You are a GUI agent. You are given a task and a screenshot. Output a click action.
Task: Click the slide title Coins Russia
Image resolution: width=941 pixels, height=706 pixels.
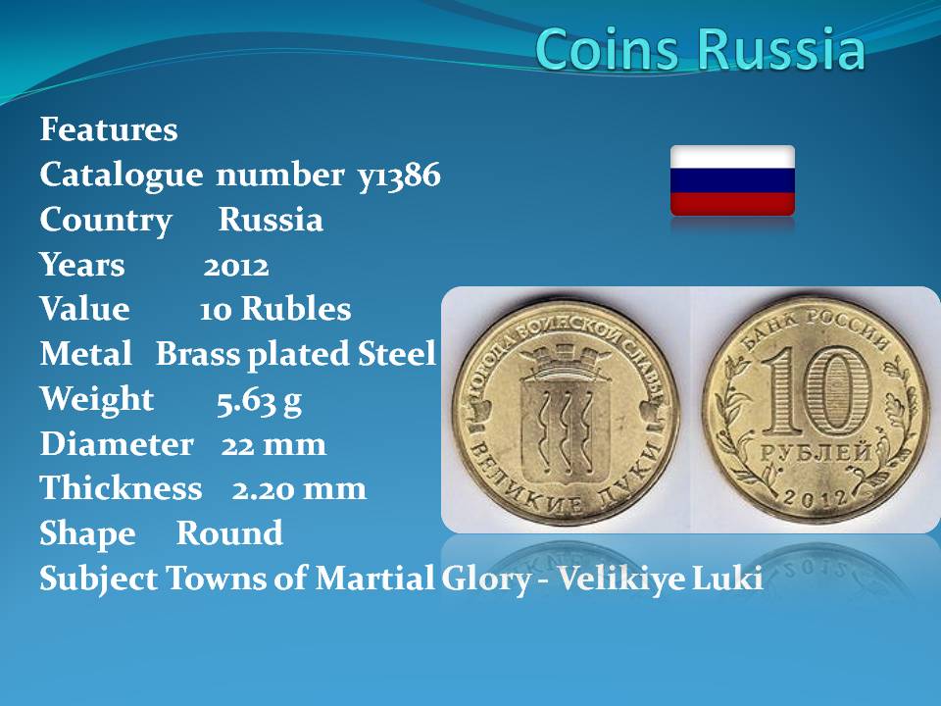700,49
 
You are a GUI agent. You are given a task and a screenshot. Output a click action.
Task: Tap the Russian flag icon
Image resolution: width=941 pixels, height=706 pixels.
732,180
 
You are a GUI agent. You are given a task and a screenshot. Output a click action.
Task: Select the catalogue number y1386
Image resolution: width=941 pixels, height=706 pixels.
399,176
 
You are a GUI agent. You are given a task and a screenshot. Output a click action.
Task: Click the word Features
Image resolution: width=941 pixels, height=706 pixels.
109,129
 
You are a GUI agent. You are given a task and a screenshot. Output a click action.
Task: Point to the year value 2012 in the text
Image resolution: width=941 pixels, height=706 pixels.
236,267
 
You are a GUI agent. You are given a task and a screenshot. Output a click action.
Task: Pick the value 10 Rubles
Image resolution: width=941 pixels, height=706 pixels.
274,309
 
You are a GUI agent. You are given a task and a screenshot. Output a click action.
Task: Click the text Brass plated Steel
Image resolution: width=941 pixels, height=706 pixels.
295,354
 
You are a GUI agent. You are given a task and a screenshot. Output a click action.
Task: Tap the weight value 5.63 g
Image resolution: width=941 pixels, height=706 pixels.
259,400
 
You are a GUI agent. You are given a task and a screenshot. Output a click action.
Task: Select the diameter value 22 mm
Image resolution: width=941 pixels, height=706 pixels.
273,445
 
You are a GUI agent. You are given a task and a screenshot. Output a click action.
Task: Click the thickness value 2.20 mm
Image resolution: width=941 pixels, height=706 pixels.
299,489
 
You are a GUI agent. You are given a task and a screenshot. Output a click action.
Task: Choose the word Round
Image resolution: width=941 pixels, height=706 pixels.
229,533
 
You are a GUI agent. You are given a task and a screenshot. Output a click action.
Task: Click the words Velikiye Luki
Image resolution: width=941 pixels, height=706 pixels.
660,579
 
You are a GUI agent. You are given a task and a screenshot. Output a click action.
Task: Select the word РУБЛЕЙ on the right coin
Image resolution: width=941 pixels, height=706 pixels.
816,452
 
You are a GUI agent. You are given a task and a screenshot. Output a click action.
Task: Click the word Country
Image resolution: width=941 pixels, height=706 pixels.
106,221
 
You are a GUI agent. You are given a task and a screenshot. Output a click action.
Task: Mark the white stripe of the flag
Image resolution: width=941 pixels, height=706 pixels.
732,157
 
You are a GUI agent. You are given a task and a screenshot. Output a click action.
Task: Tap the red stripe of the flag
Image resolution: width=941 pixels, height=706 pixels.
732,204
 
